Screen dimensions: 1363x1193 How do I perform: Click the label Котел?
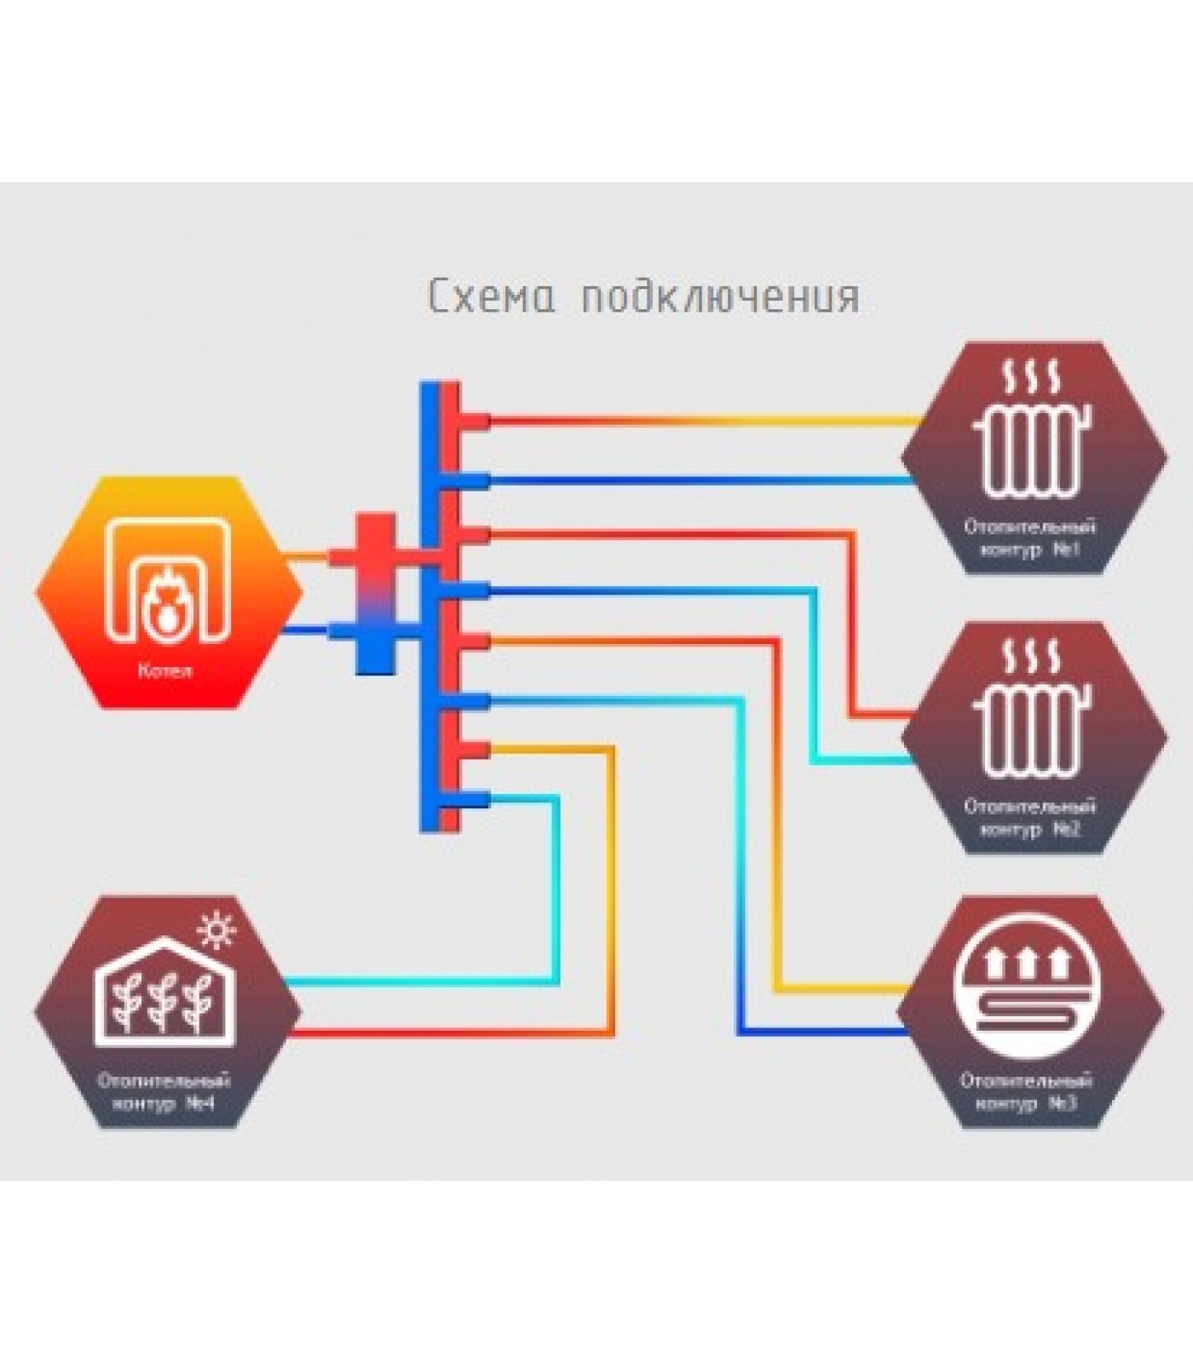[x=165, y=670]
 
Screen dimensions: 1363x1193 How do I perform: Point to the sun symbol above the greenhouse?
[x=216, y=929]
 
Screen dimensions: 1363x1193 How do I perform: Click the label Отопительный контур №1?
[x=1029, y=538]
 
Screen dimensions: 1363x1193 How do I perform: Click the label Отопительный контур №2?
[x=1029, y=817]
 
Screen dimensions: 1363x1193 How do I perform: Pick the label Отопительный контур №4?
[x=164, y=1092]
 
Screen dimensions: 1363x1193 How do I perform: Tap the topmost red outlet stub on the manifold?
[x=474, y=420]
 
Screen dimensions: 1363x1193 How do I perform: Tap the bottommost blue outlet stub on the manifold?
[x=474, y=799]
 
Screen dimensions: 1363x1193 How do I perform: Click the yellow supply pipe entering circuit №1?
[x=852, y=420]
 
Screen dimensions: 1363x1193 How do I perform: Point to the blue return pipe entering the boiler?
[x=307, y=631]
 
